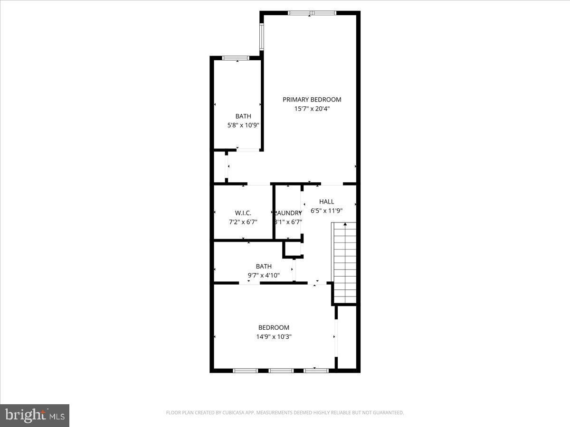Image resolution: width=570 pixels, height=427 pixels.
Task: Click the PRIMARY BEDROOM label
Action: [312, 100]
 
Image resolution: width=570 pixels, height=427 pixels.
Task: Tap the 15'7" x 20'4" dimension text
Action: [312, 109]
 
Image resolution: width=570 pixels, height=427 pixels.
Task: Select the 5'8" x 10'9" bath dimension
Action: [243, 126]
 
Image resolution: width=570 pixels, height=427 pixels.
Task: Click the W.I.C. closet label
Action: [243, 213]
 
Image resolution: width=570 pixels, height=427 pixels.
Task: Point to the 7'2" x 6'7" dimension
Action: [243, 222]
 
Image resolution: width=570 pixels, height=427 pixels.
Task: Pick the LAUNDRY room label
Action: [288, 213]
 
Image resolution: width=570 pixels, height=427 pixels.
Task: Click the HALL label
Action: [326, 202]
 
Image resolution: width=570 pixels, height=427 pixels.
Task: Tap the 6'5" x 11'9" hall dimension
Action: [326, 211]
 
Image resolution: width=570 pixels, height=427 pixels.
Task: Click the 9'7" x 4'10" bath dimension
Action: [264, 275]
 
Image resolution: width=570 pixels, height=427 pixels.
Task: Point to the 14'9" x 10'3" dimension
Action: [274, 337]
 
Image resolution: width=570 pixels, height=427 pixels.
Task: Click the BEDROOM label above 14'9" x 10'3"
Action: [274, 327]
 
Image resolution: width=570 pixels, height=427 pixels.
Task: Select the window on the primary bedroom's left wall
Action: [261, 37]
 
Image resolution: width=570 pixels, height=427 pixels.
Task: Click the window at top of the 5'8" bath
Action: [236, 58]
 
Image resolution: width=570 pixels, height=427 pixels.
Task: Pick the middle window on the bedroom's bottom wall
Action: [281, 370]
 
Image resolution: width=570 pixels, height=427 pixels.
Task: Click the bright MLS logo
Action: [35, 416]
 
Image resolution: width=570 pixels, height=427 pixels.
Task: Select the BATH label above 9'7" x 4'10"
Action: [264, 267]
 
